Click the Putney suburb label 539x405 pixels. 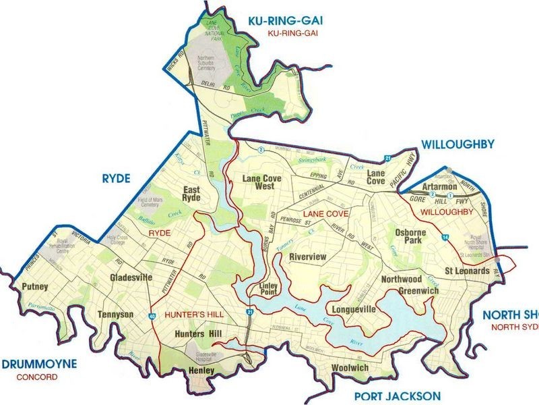[35, 287]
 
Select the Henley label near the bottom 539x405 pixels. [201, 371]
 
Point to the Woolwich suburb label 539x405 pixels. [350, 368]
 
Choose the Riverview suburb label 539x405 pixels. [307, 256]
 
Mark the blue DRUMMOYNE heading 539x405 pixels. [39, 364]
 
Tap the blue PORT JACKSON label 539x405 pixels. [400, 396]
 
